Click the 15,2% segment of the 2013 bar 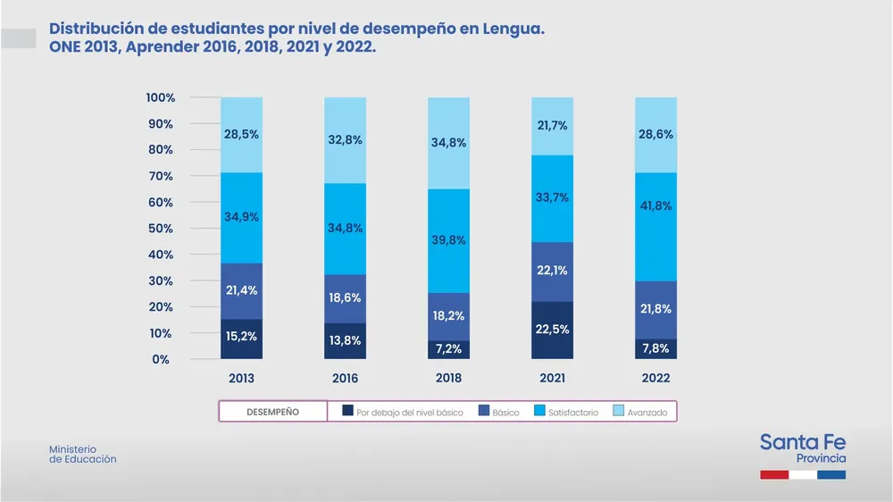pyautogui.click(x=241, y=339)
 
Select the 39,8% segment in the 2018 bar pyautogui.click(x=448, y=240)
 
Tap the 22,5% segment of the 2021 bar pyautogui.click(x=552, y=330)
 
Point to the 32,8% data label pyautogui.click(x=345, y=140)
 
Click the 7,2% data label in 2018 pyautogui.click(x=448, y=349)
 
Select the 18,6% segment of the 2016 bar pyautogui.click(x=345, y=298)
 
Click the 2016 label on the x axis pyautogui.click(x=345, y=379)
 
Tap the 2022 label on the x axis pyautogui.click(x=655, y=379)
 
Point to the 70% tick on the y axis pyautogui.click(x=161, y=176)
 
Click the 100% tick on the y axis pyautogui.click(x=161, y=97)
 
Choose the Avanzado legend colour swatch pyautogui.click(x=618, y=412)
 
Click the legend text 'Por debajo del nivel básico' pyautogui.click(x=409, y=413)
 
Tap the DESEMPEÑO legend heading pyautogui.click(x=273, y=412)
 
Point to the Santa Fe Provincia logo pyautogui.click(x=803, y=449)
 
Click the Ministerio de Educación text pyautogui.click(x=82, y=454)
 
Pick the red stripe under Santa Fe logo pyautogui.click(x=773, y=475)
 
